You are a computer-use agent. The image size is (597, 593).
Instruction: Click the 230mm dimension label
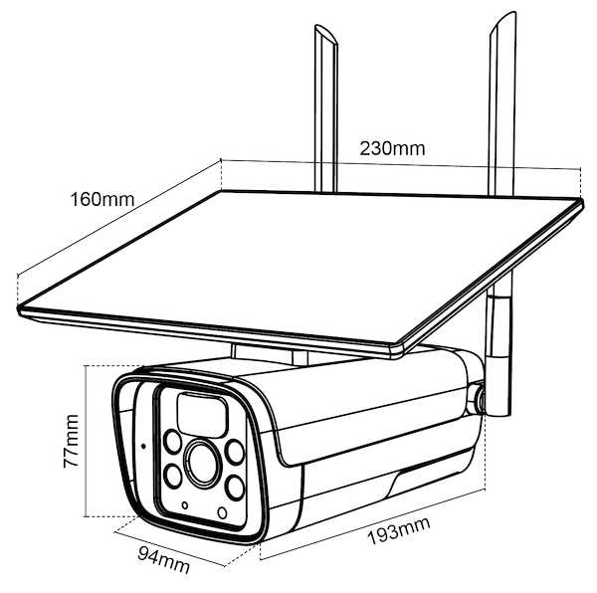[x=393, y=148]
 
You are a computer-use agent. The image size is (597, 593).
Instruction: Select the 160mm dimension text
[x=101, y=198]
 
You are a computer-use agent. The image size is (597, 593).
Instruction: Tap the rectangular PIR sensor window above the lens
[x=199, y=409]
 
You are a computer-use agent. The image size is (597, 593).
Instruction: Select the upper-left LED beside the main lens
[x=173, y=440]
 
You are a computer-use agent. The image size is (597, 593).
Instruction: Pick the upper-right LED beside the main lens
[x=236, y=451]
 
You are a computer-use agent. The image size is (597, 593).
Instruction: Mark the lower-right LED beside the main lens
[x=235, y=487]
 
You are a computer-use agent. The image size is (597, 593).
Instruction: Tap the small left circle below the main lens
[x=184, y=506]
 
